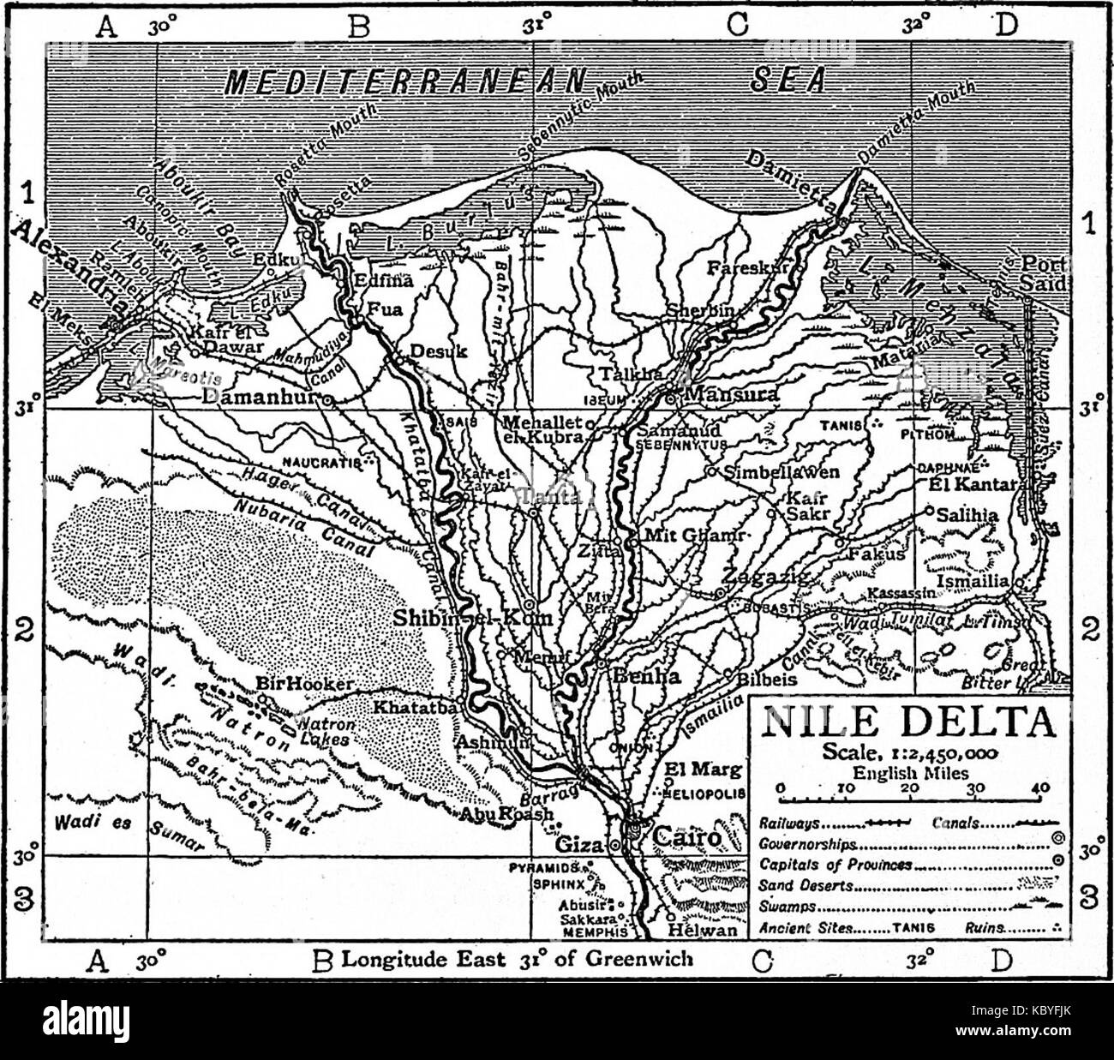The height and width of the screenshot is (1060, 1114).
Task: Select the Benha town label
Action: pos(647,676)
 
